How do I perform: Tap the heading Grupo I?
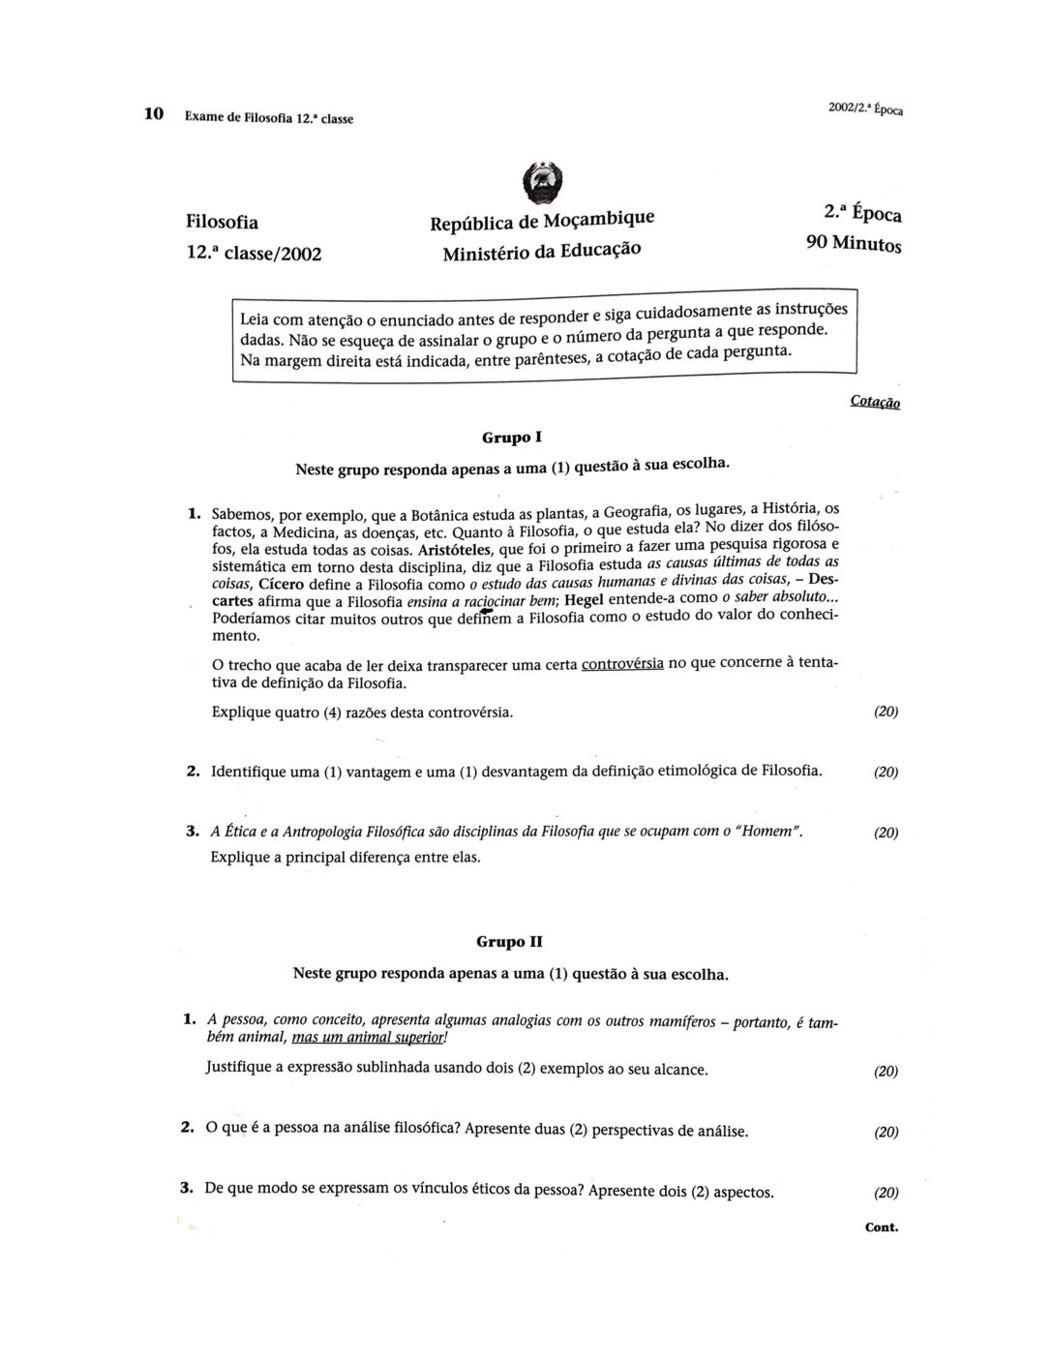click(x=505, y=438)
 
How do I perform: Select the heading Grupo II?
click(x=501, y=941)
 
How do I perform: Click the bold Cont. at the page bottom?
click(x=881, y=1227)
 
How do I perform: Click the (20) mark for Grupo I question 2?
click(x=886, y=772)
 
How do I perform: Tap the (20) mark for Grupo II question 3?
click(x=886, y=1193)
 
